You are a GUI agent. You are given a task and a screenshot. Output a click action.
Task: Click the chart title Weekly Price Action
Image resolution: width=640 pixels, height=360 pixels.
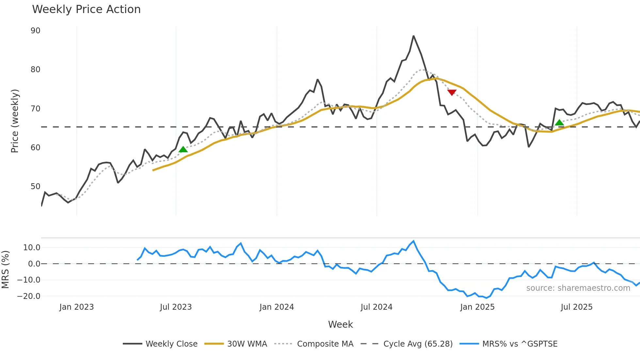(86, 9)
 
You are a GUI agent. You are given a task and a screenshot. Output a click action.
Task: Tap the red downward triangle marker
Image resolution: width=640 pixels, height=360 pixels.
(452, 92)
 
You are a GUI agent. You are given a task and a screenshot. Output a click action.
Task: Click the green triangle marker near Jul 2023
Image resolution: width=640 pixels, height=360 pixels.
(183, 150)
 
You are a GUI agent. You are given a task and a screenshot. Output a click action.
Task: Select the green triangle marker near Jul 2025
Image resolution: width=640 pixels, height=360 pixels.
(559, 123)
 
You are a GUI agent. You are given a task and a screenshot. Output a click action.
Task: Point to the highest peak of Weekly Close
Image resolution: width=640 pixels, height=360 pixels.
(413, 36)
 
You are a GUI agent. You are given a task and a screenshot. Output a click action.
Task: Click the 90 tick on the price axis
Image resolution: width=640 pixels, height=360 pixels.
(35, 31)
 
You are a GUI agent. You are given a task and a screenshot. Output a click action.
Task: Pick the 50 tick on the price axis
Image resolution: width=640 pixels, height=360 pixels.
(35, 187)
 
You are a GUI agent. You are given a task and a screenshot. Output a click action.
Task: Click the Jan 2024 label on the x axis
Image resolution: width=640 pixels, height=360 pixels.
(277, 307)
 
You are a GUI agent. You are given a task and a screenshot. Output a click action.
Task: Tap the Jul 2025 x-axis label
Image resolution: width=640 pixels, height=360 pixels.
(576, 307)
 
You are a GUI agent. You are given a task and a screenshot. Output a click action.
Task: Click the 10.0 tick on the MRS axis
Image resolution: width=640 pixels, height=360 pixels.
(31, 248)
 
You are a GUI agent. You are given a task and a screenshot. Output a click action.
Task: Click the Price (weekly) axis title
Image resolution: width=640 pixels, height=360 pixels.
(15, 121)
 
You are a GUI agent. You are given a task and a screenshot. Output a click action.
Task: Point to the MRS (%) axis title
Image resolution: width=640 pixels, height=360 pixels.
(5, 270)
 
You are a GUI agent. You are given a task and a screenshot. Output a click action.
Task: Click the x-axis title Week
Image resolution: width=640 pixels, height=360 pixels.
(340, 324)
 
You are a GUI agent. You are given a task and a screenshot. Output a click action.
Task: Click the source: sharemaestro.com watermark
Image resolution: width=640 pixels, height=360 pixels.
(578, 288)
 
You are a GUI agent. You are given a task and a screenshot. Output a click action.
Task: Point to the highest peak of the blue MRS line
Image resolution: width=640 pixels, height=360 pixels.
(414, 241)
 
